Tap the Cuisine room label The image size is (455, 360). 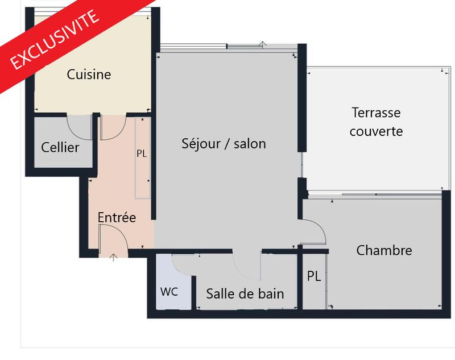click(x=89, y=75)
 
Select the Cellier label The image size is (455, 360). click(x=60, y=148)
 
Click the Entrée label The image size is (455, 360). click(x=117, y=217)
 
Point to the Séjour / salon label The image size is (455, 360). click(x=224, y=143)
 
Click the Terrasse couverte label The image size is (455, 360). click(x=376, y=122)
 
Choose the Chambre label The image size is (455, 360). click(x=384, y=250)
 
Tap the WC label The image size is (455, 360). click(x=169, y=292)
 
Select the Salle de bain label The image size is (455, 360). click(x=245, y=293)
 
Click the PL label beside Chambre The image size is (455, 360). click(x=314, y=276)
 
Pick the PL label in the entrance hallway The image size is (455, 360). click(x=142, y=154)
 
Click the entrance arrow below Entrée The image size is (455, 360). click(x=113, y=258)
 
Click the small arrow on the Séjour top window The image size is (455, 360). click(x=263, y=44)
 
